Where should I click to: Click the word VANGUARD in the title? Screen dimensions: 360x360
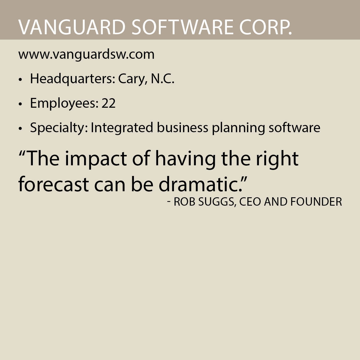coord(72,27)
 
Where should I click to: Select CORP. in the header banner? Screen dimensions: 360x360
coord(266,27)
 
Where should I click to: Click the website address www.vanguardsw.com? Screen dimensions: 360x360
coord(86,54)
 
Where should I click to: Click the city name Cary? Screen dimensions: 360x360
coord(131,79)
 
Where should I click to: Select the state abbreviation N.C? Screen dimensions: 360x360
coord(162,79)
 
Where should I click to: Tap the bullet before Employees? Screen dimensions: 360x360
coord(20,104)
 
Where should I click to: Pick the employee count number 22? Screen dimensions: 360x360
coord(108,103)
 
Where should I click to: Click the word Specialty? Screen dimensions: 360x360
coord(59,128)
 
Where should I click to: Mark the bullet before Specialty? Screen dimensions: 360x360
coord(20,128)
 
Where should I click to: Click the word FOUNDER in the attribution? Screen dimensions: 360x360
coord(316,202)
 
